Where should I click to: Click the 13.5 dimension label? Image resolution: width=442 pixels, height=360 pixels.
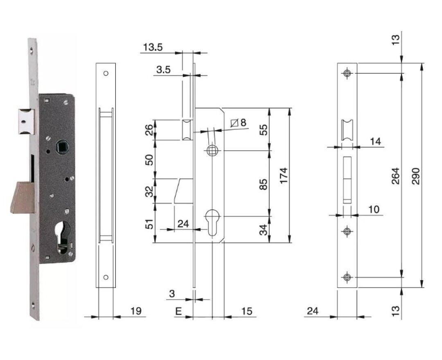pos(153,47)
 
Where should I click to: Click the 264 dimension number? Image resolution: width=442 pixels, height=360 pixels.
pos(396,175)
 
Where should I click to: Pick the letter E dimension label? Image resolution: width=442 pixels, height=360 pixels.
pos(178,311)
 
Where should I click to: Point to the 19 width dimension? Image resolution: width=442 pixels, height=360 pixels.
pos(136,311)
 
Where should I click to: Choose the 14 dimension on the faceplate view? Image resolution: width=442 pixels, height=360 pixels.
pos(375,141)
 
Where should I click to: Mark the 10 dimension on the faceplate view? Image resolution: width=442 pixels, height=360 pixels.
pos(373,209)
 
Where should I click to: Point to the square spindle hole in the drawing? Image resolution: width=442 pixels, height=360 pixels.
pos(212,150)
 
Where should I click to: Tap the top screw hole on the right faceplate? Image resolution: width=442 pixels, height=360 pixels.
pos(347,73)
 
